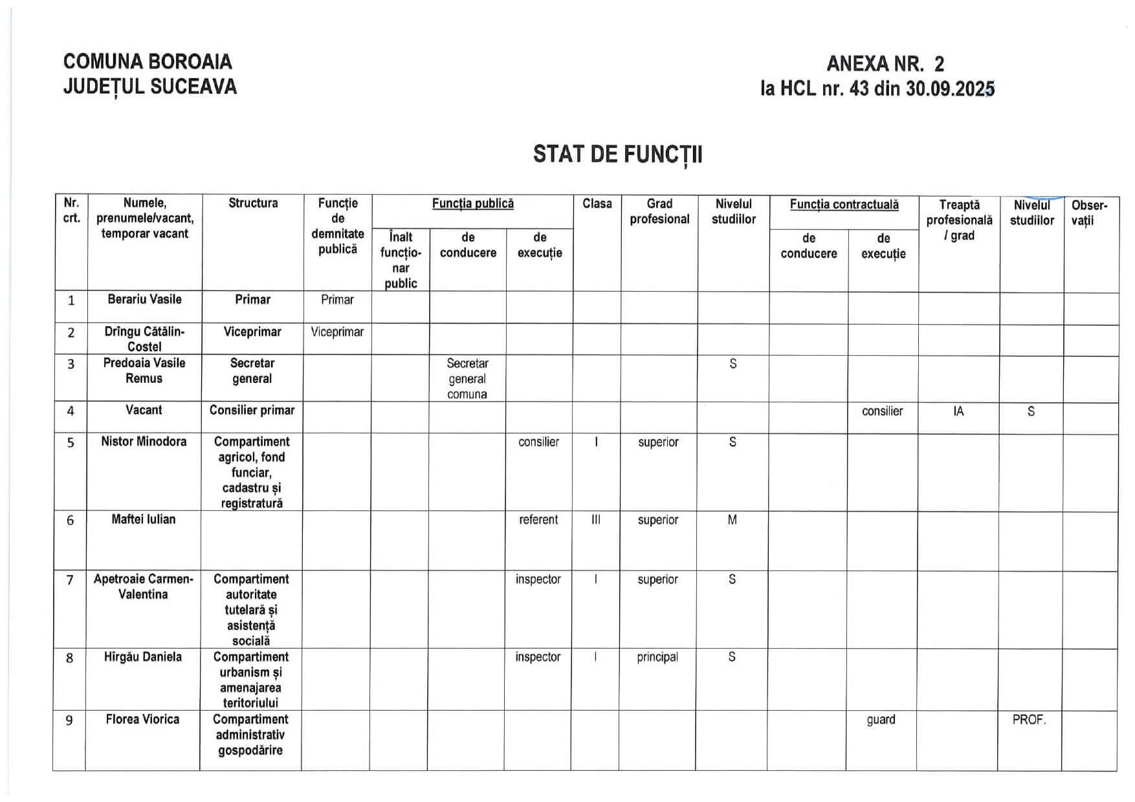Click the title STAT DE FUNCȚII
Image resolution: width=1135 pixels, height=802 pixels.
point(617,155)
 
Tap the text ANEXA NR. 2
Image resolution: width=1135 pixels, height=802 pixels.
point(885,63)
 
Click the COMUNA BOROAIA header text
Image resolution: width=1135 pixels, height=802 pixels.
point(148,61)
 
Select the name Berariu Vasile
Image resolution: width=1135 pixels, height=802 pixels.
point(144,299)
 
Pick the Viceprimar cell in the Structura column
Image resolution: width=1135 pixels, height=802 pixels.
point(252,332)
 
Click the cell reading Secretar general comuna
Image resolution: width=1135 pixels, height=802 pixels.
point(467,378)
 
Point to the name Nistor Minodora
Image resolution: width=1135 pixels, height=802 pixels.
point(144,442)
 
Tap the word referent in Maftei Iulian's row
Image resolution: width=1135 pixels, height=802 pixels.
point(538,519)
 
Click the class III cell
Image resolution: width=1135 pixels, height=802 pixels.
point(596,519)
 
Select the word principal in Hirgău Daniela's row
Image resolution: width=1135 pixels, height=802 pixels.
point(657,657)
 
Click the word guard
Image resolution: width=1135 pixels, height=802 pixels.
point(881,719)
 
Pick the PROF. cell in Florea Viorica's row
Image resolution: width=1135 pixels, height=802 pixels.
point(1029,719)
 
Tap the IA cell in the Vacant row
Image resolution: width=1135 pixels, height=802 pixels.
point(958,411)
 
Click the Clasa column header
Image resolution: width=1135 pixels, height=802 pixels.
point(597,204)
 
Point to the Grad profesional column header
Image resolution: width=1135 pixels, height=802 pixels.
point(659,211)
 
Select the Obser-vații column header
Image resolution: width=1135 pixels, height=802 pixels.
point(1090,213)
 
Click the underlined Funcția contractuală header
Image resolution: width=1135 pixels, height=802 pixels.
point(844,204)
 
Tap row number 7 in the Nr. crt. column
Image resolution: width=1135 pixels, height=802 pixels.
point(70,580)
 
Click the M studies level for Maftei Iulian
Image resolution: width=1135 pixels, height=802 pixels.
point(732,519)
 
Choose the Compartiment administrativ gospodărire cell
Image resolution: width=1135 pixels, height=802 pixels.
point(250,735)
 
